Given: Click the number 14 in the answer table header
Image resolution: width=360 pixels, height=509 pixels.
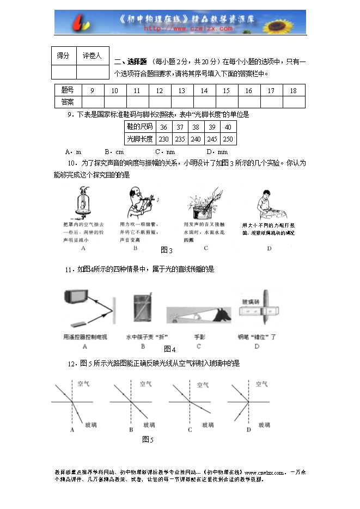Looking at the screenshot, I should point(204,91).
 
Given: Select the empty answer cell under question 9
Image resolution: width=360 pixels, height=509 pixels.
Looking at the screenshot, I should point(92,102).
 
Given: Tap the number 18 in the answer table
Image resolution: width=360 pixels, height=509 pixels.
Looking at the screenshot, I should point(294,91).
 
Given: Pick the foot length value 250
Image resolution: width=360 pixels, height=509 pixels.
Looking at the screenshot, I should point(228,139).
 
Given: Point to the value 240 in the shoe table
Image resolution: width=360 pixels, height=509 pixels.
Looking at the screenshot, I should point(196,139).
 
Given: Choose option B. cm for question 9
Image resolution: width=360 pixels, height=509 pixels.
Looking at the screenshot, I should point(114,152).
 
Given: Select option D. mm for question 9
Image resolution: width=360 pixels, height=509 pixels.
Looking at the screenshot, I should point(217,152).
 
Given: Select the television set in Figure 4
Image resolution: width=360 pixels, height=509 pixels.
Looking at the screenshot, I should point(76,297).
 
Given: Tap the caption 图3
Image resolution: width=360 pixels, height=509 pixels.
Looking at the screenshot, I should point(167,250).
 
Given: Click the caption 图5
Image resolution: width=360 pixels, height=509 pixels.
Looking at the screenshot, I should point(148,439).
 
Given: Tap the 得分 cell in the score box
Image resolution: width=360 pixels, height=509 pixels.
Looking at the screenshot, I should point(64,56).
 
